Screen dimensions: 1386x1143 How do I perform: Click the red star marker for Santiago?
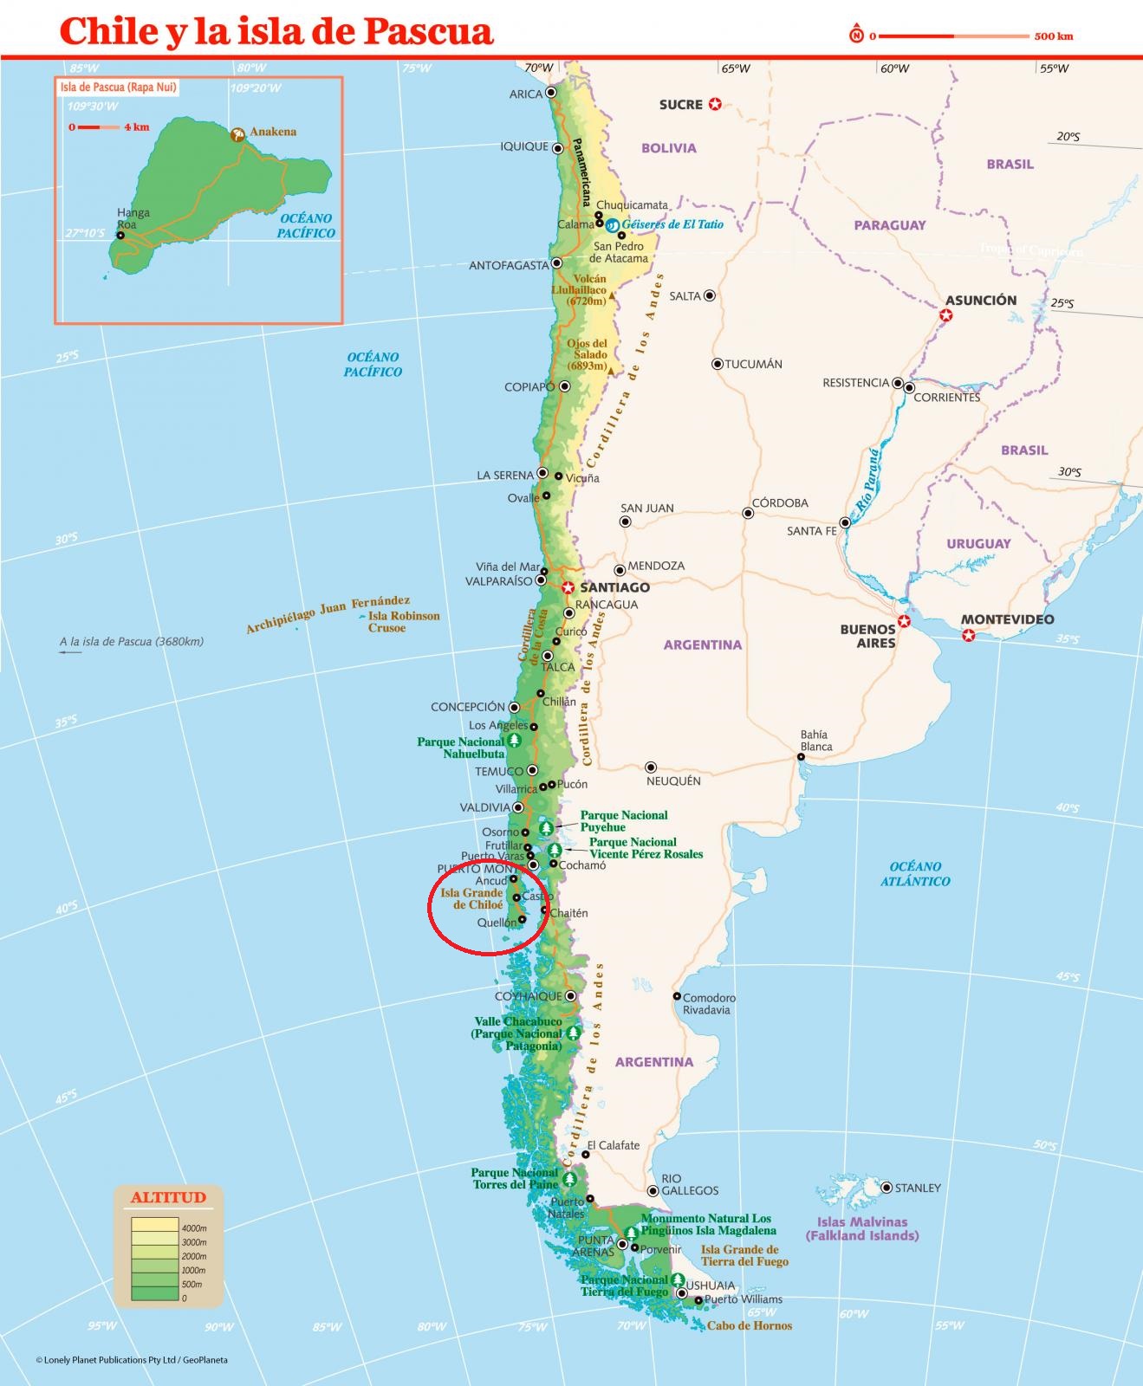coord(568,587)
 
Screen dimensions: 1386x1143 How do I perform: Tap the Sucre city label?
coord(680,105)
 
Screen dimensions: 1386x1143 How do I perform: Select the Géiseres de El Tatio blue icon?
coord(612,225)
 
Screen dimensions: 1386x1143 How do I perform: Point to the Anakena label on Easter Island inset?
coord(272,132)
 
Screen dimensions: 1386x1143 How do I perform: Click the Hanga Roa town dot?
coord(120,235)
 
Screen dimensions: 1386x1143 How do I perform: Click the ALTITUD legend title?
coord(168,1198)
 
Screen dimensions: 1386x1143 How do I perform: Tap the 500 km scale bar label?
coord(1053,36)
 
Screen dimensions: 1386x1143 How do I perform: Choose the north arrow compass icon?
coord(856,36)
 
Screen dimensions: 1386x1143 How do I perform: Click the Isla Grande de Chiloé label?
coord(471,898)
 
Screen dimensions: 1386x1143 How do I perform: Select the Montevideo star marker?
coord(969,636)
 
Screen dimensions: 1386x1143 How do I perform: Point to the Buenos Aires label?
coord(867,636)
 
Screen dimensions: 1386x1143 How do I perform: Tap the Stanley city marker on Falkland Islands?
coord(886,1188)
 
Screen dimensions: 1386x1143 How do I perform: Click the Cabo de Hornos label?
coord(749,1325)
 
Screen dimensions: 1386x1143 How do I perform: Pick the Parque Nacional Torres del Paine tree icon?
coord(569,1180)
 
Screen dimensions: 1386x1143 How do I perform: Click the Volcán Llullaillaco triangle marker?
coord(612,295)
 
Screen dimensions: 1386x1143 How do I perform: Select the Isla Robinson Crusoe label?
coord(404,622)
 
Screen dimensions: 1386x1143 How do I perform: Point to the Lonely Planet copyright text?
coord(132,1360)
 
